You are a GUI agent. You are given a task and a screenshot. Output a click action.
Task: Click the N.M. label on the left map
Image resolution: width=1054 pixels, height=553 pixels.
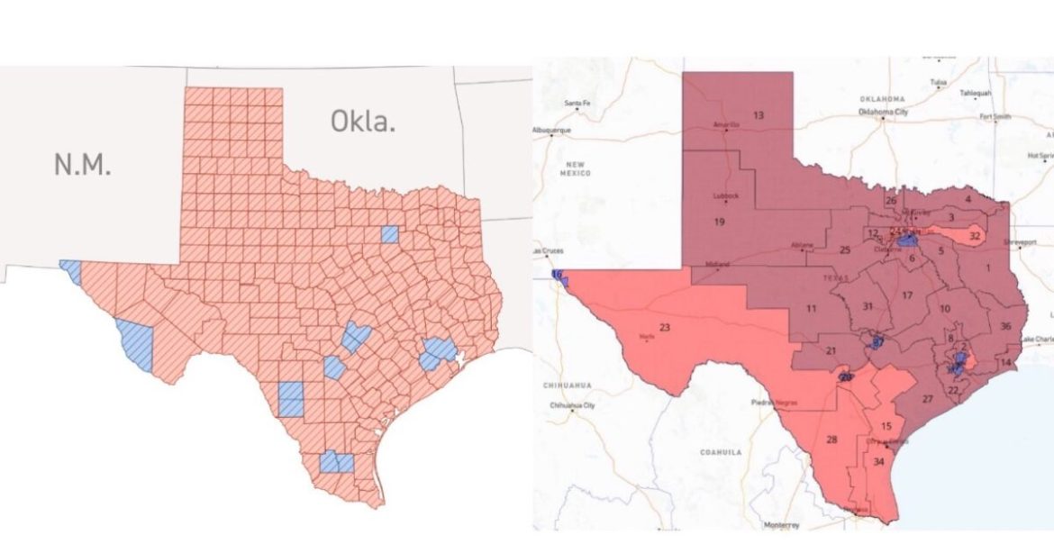pos(83,164)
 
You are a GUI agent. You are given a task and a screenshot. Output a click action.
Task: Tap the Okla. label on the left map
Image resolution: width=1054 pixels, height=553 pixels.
pos(363,121)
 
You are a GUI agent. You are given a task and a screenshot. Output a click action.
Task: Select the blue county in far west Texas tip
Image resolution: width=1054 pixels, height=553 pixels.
pos(70,271)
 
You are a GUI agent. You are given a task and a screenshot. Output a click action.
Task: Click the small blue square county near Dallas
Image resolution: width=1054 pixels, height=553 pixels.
pos(389,234)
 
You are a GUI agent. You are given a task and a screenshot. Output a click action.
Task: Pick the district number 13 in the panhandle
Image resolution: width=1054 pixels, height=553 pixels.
pos(758,115)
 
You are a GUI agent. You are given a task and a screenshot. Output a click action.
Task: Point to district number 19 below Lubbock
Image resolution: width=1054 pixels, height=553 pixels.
pos(720,222)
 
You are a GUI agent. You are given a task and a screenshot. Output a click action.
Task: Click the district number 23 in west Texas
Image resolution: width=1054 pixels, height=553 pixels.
pos(665,327)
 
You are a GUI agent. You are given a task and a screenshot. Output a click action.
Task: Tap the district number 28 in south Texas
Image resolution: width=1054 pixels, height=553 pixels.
pos(831,440)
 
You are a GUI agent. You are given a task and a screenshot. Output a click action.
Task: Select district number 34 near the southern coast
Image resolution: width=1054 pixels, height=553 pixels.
pos(878,462)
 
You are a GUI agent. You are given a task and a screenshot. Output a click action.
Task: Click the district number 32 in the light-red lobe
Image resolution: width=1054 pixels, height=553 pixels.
pos(974,236)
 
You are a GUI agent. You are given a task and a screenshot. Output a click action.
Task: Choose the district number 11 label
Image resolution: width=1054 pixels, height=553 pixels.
pos(811,309)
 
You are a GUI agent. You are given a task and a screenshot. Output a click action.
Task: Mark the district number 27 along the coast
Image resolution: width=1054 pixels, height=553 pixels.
pos(927,398)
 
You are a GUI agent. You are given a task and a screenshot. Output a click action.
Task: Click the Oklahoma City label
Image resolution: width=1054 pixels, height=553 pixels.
pos(883,112)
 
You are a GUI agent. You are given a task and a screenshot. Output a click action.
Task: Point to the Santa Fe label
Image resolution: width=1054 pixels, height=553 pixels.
pos(577,104)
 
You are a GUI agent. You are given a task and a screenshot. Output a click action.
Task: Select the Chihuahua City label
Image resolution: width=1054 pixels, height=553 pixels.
pos(573,406)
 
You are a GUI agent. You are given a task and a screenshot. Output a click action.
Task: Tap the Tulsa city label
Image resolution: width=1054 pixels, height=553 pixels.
pos(939,82)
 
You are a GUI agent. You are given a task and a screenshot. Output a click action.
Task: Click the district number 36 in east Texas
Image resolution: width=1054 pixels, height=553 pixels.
pos(1005,326)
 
